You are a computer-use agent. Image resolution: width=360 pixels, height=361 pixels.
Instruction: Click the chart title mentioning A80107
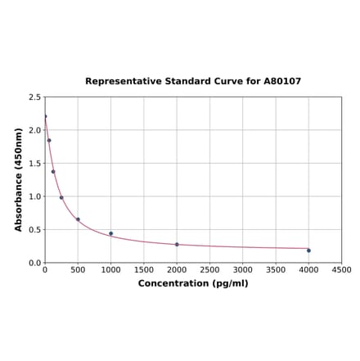[x=193, y=82]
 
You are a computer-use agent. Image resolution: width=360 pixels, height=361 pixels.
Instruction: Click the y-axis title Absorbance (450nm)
[x=19, y=179]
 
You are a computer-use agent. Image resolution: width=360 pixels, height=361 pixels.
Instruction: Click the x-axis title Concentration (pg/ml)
[x=193, y=283]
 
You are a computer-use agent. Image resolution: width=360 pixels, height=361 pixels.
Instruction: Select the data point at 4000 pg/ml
[x=308, y=250]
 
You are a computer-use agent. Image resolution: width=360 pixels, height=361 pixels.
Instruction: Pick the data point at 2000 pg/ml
[x=177, y=245]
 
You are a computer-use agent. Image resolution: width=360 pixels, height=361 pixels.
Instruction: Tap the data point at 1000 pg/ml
[x=111, y=233]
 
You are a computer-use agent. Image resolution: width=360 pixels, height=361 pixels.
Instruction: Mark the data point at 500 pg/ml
[x=78, y=219]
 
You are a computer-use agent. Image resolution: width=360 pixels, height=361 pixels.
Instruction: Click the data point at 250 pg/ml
[x=61, y=197]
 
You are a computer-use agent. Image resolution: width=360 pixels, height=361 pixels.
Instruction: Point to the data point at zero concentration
[x=45, y=116]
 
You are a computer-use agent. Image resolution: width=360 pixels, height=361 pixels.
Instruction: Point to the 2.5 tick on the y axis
[x=35, y=97]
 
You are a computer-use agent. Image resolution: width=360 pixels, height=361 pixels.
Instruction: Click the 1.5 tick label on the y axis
[x=35, y=164]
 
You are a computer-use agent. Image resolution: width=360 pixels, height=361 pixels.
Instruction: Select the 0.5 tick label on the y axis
[x=35, y=230]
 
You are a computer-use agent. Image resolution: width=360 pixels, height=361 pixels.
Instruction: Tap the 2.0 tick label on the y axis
[x=35, y=130]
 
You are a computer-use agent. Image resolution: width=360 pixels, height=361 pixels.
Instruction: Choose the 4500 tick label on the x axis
[x=341, y=270]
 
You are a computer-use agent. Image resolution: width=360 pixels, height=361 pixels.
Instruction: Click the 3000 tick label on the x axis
[x=242, y=270]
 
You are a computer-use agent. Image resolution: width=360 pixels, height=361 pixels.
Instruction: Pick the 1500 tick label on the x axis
[x=144, y=270]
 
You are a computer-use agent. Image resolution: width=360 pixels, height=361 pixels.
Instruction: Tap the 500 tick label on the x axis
[x=78, y=270]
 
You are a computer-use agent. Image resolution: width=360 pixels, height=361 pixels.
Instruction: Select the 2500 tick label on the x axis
[x=209, y=270]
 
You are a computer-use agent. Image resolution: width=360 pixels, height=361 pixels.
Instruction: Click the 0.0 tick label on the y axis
[x=35, y=263]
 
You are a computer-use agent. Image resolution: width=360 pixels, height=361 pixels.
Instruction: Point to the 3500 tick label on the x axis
[x=276, y=270]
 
